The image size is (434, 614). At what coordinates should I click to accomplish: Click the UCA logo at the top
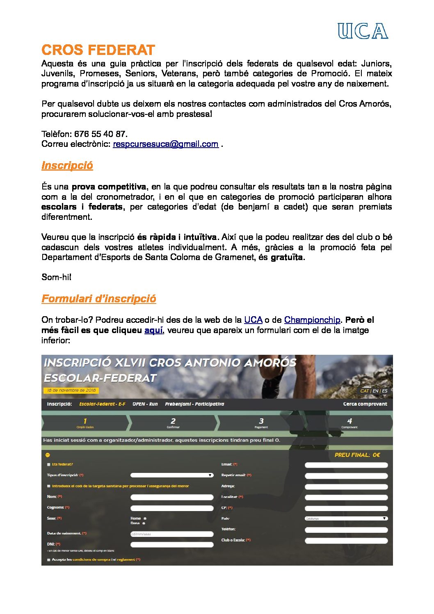(363, 31)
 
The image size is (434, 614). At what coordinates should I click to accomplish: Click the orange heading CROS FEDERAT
(98, 50)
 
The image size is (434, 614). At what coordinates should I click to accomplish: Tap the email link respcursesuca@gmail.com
(165, 144)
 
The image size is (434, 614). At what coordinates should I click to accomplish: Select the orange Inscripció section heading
(67, 165)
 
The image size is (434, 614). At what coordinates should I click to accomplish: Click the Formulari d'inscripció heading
(98, 299)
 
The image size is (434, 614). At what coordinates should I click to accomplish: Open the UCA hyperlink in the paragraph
(253, 320)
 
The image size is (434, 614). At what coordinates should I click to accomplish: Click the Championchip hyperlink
(312, 320)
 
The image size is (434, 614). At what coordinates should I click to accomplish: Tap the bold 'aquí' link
(153, 330)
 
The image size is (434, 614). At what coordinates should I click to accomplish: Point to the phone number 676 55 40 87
(100, 134)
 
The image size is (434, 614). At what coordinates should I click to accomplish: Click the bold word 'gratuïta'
(287, 257)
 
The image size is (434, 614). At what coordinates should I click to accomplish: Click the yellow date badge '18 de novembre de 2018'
(71, 390)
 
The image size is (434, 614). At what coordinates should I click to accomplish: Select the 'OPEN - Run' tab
(145, 404)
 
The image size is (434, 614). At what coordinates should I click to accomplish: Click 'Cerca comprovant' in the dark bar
(365, 404)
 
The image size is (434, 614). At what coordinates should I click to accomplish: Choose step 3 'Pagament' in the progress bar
(261, 422)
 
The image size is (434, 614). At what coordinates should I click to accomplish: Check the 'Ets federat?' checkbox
(49, 464)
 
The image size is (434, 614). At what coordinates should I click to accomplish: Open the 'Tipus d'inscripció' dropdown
(172, 475)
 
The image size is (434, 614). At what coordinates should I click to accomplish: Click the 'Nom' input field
(172, 497)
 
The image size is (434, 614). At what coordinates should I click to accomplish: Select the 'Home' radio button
(145, 518)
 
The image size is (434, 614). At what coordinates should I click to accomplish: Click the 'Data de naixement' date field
(172, 534)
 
